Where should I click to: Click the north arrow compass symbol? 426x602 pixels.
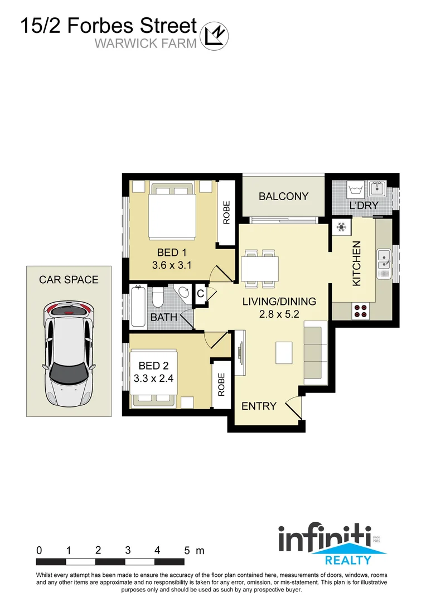(215, 35)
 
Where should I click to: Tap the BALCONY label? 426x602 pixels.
(283, 196)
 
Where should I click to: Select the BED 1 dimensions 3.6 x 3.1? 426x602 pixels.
(172, 265)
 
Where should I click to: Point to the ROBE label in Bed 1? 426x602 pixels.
(226, 212)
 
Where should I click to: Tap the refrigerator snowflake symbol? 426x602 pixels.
(341, 227)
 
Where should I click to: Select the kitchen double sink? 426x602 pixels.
(384, 264)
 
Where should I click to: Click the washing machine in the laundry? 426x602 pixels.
(355, 190)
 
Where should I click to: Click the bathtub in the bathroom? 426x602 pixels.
(137, 306)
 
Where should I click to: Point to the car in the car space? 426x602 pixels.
(69, 355)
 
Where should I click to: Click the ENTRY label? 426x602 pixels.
(259, 406)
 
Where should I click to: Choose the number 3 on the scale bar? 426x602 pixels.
(128, 550)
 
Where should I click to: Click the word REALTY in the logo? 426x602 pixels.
(348, 560)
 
